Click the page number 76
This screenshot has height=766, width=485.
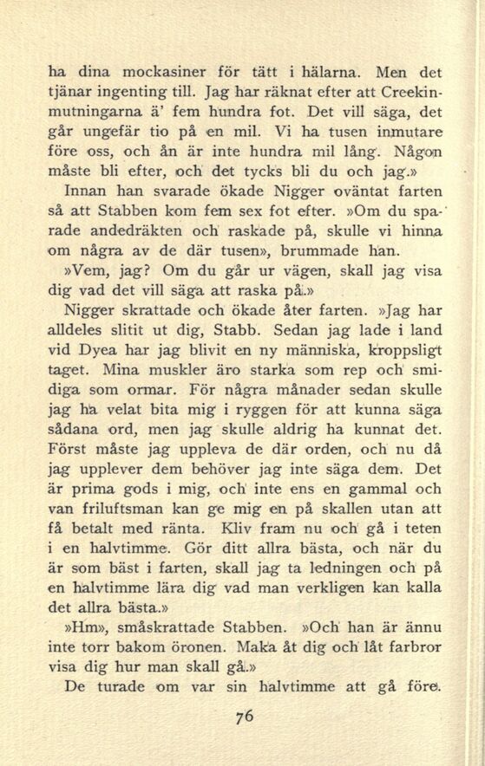[243, 717]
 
